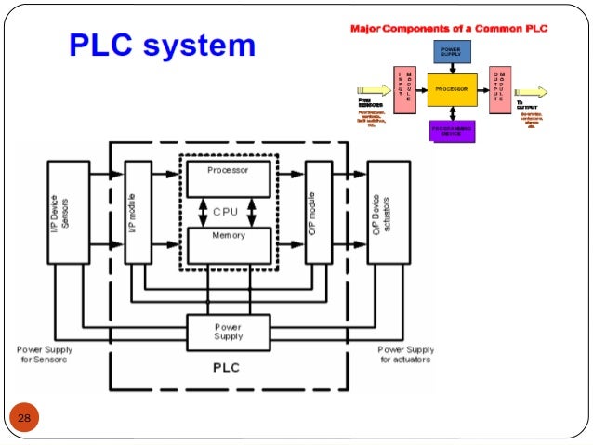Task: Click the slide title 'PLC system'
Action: (x=163, y=45)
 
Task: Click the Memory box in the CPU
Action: (x=229, y=243)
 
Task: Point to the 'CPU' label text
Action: (x=226, y=211)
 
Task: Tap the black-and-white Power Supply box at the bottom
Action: (x=228, y=332)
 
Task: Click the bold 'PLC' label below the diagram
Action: (x=227, y=368)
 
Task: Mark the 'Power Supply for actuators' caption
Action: (x=405, y=355)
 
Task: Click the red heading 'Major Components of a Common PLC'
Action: (x=447, y=29)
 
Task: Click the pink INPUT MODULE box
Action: (x=405, y=89)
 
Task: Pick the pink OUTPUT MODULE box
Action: (x=499, y=89)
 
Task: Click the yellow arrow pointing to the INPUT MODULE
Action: (x=375, y=91)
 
